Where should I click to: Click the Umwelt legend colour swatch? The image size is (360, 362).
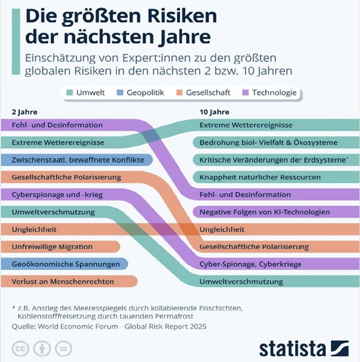[69, 92]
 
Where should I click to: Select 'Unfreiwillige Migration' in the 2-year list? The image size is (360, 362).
[51, 247]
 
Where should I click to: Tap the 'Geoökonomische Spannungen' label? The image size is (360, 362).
[65, 264]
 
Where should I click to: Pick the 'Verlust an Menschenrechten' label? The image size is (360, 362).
[63, 281]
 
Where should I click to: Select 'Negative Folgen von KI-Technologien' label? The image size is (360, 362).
[264, 212]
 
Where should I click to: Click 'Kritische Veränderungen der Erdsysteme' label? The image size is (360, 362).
[272, 160]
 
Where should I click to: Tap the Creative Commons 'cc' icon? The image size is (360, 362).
[21, 348]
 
